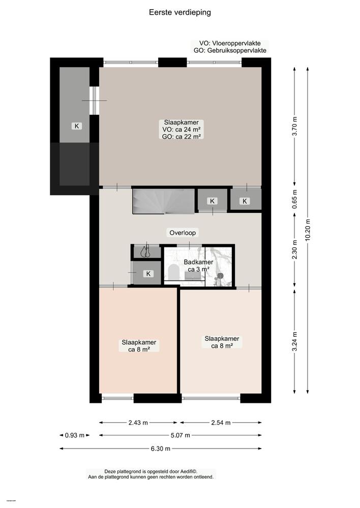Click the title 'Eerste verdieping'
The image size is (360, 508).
180,12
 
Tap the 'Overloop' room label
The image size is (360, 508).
183,233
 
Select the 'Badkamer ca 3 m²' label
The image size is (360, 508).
198,266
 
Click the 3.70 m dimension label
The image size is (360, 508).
295,125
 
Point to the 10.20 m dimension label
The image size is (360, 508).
308,230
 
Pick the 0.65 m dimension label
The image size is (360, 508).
295,199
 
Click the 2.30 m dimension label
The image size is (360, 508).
295,250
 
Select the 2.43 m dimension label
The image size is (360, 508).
138,422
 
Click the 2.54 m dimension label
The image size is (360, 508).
221,422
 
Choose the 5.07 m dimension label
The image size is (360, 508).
180,435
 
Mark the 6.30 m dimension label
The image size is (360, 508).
160,448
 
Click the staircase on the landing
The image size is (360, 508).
163,201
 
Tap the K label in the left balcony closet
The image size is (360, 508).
77,126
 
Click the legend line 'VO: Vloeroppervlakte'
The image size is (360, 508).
229,44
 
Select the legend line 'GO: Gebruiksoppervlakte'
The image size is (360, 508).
229,51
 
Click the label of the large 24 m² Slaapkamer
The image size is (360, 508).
181,129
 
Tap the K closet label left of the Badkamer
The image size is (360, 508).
149,274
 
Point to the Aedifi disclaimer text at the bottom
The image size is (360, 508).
151,474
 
